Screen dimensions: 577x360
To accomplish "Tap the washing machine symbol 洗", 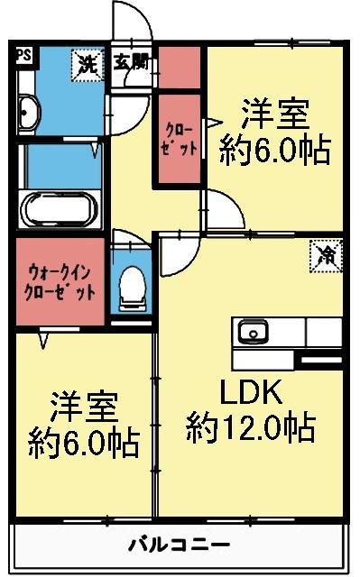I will (x=87, y=64).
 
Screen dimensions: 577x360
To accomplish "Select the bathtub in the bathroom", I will (x=57, y=211).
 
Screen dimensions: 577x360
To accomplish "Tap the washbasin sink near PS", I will (x=27, y=113).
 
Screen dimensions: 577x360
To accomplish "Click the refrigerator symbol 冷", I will (x=326, y=255).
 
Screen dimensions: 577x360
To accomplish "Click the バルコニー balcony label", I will (x=178, y=545).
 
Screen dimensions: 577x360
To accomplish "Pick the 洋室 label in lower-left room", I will (x=83, y=408).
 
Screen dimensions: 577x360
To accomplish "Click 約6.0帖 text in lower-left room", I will (x=83, y=442).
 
